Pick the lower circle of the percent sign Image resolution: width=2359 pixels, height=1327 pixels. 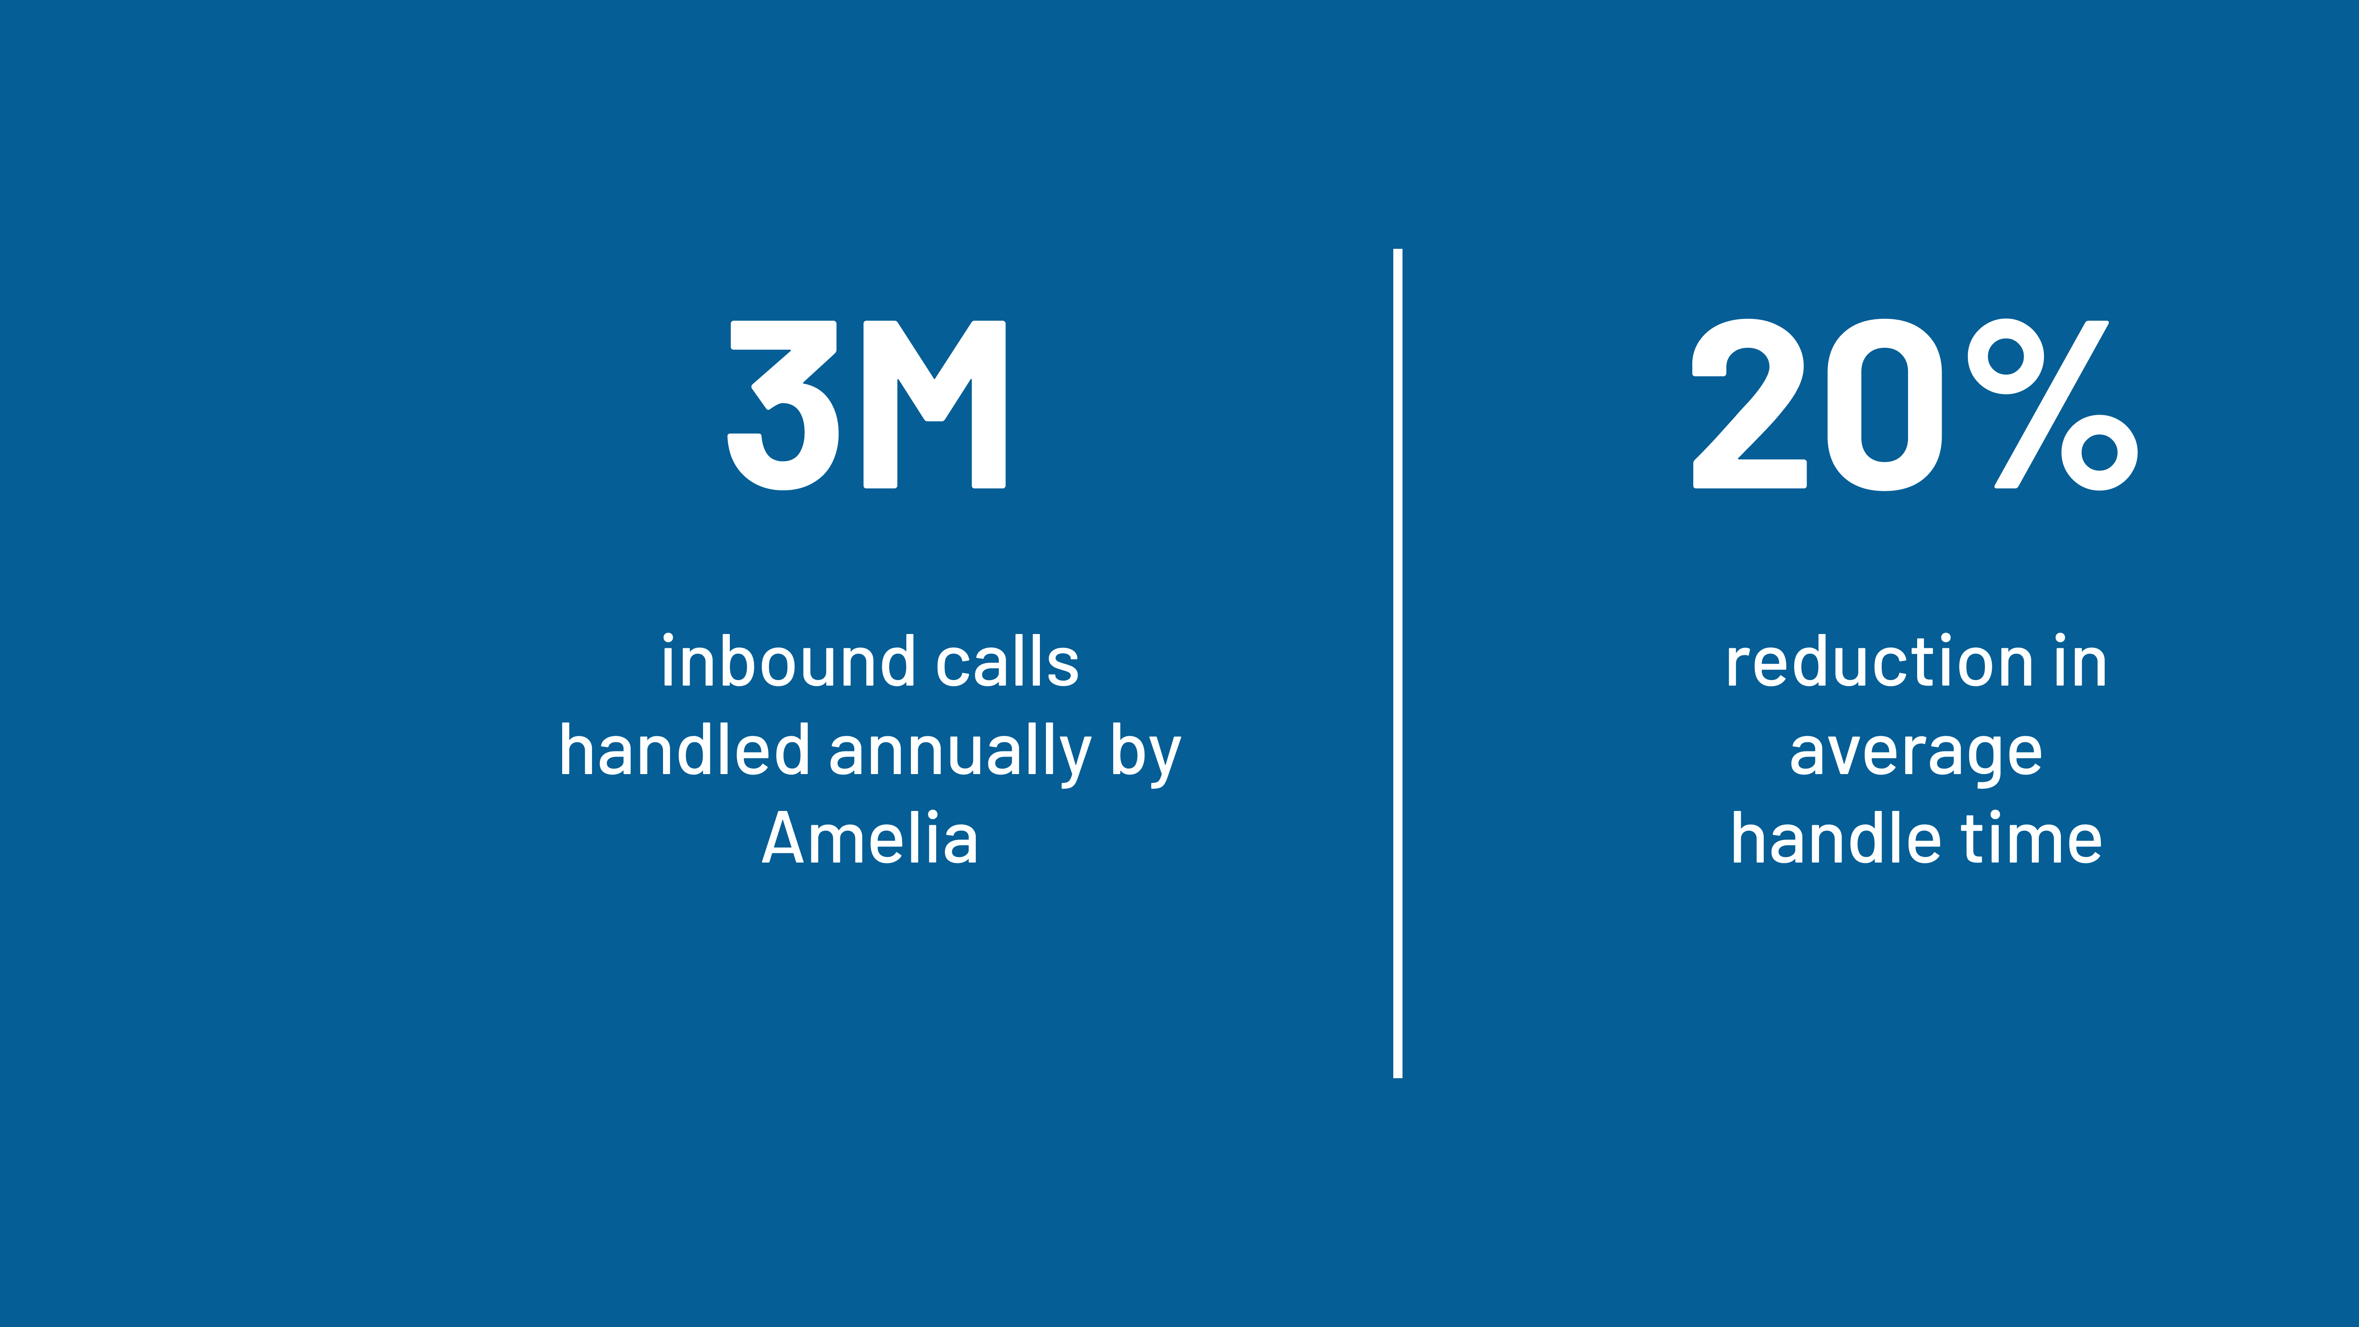[x=2099, y=452]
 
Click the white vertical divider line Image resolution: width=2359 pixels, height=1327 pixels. [x=1397, y=663]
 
